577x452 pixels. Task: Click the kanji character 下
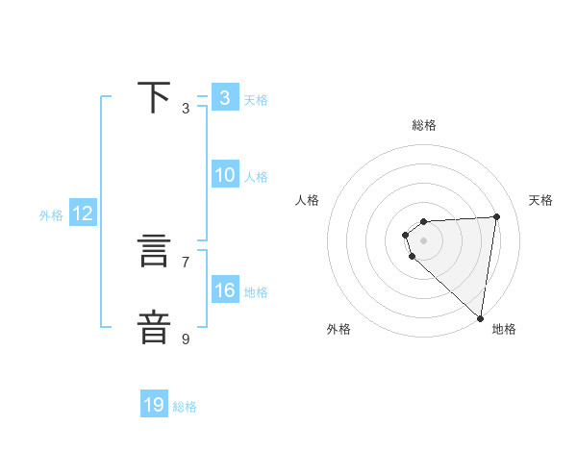154,97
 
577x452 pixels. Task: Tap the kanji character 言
154,253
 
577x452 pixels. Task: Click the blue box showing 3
224,97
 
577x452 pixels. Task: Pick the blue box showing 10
224,175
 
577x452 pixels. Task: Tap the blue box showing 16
224,290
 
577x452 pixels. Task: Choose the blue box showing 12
82,213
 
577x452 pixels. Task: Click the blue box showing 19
154,405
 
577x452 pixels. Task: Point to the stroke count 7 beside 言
186,262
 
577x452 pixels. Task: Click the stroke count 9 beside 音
186,339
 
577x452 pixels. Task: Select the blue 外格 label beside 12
51,215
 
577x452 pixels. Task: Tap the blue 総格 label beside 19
185,407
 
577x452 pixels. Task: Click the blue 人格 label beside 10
256,177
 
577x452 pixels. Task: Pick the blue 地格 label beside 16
256,292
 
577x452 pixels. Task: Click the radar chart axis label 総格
424,125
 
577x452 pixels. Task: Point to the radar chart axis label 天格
540,200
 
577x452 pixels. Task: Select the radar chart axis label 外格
339,329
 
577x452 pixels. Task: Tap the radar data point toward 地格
480,318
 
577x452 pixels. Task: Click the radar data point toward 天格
496,216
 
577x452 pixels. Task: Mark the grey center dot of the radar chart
424,240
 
